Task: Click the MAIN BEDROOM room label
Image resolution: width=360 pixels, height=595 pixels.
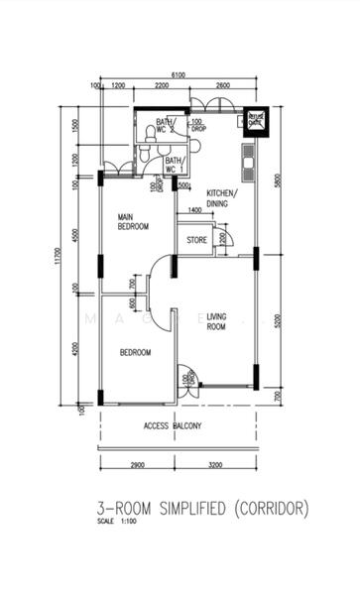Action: click(x=132, y=221)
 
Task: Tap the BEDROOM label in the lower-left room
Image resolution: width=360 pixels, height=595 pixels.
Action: click(x=135, y=352)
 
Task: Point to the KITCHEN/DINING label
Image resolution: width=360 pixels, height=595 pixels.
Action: click(x=221, y=197)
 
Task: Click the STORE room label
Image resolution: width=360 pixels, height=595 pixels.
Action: click(x=196, y=239)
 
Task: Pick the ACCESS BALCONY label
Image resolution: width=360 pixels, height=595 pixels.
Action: click(x=173, y=426)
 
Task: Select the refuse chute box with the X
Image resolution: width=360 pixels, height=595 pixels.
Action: click(x=256, y=120)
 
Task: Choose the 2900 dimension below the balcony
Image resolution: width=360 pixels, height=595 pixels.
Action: click(x=138, y=464)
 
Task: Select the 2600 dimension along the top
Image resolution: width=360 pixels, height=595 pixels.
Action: click(x=223, y=86)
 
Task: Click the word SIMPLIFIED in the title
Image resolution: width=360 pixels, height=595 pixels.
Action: click(x=185, y=508)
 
